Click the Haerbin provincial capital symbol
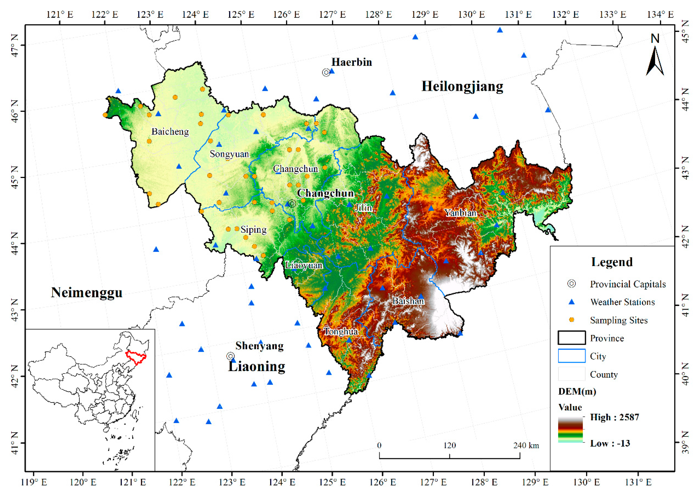coord(326,72)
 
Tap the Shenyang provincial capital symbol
coord(230,356)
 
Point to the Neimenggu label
coord(87,293)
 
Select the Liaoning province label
coord(257,366)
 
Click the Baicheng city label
coord(170,132)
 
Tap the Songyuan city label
coord(229,154)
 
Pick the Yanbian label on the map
coord(460,213)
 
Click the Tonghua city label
coord(341,331)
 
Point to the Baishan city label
coord(408,301)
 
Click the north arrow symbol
coord(655,60)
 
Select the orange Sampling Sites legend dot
coord(572,320)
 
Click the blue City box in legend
coord(572,356)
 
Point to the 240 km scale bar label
coord(526,445)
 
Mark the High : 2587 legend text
coord(614,417)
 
